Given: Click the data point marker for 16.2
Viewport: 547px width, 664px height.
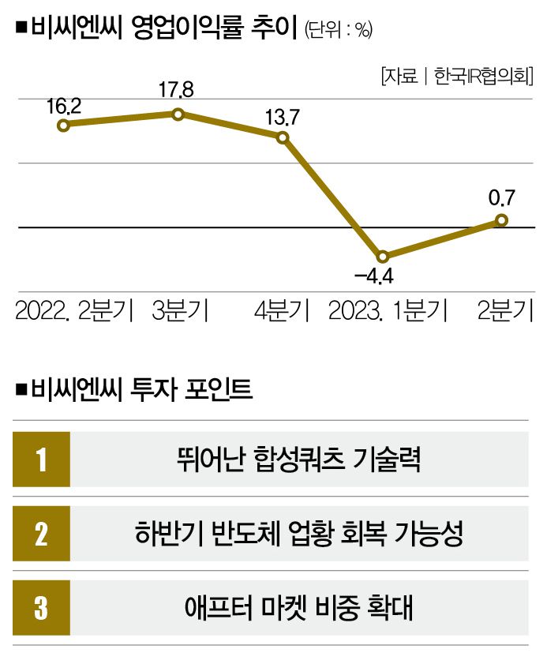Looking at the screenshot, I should click(x=65, y=125).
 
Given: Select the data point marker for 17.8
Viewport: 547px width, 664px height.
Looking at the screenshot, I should click(x=178, y=114).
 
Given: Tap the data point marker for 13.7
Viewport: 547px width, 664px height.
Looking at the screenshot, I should click(x=283, y=137).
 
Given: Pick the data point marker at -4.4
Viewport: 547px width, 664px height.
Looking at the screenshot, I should click(x=383, y=257).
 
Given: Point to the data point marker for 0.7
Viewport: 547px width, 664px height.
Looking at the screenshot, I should click(x=500, y=220).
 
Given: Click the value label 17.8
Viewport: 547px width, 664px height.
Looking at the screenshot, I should click(x=177, y=90).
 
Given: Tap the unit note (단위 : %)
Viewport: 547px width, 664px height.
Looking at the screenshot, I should click(x=337, y=29).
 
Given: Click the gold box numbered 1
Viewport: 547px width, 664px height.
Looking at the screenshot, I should click(x=41, y=459).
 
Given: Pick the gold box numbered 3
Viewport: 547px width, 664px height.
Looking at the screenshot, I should click(x=41, y=609).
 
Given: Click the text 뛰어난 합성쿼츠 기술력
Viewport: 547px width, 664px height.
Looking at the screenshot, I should click(x=298, y=459).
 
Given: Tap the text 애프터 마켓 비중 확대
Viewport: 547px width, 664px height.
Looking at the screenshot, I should click(x=298, y=609).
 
